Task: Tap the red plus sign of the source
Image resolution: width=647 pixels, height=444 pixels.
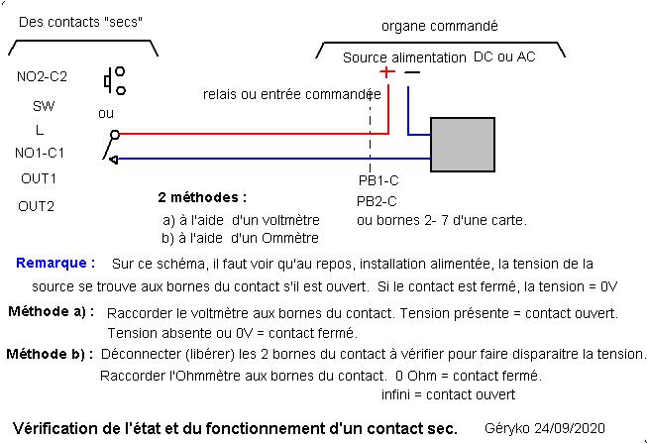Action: [x=386, y=72]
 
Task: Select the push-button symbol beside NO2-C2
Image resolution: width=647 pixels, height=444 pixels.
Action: [x=114, y=77]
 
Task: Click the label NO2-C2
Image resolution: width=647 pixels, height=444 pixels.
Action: [x=42, y=75]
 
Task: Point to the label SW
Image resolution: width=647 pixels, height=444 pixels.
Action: [x=44, y=106]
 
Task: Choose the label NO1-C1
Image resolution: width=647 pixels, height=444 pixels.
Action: [x=40, y=153]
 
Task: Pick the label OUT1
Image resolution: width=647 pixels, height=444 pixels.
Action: [x=39, y=178]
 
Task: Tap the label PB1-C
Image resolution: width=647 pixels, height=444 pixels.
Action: [x=378, y=181]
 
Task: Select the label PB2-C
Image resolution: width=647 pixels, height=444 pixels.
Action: [x=378, y=200]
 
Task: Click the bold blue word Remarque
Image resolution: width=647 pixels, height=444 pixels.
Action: [x=55, y=264]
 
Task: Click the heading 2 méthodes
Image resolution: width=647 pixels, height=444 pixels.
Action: [x=202, y=197]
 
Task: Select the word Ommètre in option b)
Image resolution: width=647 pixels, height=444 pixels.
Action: [x=288, y=237]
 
